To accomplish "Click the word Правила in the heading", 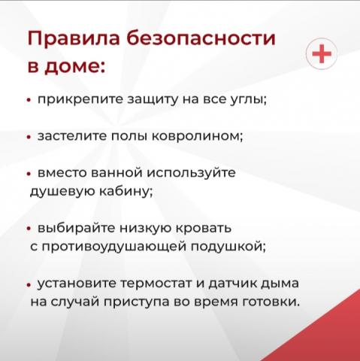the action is [x=74, y=38].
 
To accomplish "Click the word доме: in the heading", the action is [x=75, y=66].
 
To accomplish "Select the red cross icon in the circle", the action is [x=322, y=53].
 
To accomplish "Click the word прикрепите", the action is [x=80, y=100].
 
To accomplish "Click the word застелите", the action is [x=72, y=136].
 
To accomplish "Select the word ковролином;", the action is [x=198, y=137].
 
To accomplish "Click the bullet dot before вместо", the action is [x=29, y=174].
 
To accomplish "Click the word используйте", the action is [x=191, y=173].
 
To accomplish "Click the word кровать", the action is [x=203, y=229].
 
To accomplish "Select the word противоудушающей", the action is [x=114, y=247].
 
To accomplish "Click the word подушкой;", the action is [x=228, y=247].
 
